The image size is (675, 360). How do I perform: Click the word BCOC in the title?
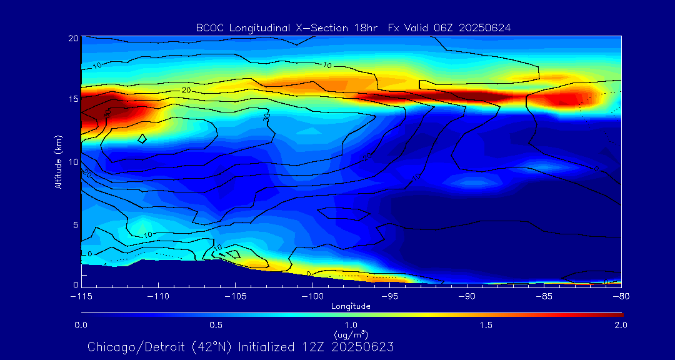(209, 27)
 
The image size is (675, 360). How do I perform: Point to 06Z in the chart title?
(448, 27)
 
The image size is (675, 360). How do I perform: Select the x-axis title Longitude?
(351, 306)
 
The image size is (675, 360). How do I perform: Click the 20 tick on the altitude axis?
(72, 38)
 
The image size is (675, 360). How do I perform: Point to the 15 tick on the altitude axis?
(72, 99)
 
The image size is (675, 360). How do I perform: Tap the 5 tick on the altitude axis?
(74, 224)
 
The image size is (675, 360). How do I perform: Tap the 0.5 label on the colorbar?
(216, 325)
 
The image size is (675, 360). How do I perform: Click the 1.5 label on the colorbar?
(486, 325)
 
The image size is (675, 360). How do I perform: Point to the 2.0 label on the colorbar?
(621, 325)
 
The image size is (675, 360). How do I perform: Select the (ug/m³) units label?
(351, 334)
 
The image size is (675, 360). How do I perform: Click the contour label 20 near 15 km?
(186, 91)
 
